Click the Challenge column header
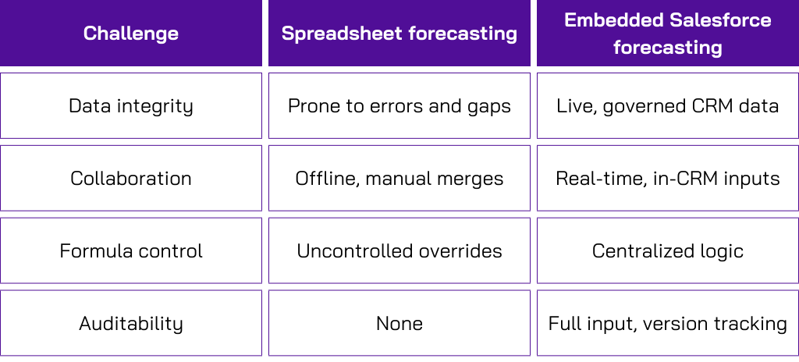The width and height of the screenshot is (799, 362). [131, 34]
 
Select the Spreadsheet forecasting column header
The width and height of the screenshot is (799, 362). [399, 34]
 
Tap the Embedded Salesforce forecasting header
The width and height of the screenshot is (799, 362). [667, 34]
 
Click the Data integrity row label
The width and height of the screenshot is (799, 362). [131, 106]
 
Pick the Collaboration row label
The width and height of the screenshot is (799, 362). [131, 179]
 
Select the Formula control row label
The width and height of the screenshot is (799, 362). [131, 251]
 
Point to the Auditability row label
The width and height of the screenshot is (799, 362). [131, 324]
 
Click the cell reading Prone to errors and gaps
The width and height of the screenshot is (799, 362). [399, 106]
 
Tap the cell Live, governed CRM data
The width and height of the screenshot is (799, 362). [667, 106]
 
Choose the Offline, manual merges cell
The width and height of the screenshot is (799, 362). [399, 179]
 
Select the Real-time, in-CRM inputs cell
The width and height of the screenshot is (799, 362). [667, 179]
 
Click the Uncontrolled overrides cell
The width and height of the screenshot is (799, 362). [399, 251]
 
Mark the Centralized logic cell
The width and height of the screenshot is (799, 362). [667, 251]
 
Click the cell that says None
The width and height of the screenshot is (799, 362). [399, 324]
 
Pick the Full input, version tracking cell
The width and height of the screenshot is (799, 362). [667, 324]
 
